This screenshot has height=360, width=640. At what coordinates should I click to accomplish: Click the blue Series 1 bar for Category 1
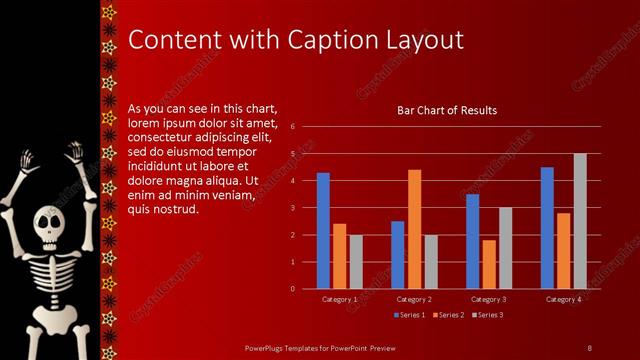(323, 231)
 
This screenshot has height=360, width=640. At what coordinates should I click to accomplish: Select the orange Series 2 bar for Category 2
(414, 229)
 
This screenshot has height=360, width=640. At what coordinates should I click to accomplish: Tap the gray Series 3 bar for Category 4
(580, 221)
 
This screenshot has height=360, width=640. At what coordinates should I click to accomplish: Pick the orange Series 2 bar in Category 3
(488, 264)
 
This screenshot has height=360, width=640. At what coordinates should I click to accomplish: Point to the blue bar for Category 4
(547, 228)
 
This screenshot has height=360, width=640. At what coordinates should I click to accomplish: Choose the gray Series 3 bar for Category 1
(355, 262)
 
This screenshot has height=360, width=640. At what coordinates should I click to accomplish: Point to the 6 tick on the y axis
(291, 127)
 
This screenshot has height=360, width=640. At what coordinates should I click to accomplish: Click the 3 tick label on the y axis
(291, 208)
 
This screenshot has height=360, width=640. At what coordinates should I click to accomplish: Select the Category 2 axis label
(414, 299)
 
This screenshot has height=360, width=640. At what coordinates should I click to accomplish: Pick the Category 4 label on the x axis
(563, 299)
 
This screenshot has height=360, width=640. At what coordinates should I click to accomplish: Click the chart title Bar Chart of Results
(447, 110)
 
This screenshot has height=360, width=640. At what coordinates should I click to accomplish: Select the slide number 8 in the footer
(590, 347)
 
